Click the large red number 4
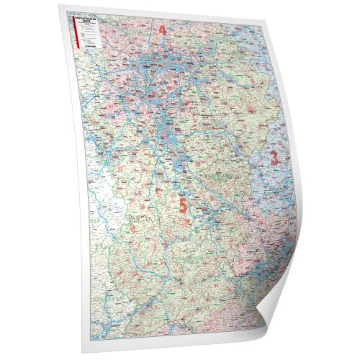(x=162, y=30)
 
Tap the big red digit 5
(x=183, y=205)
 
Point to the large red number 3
(x=274, y=156)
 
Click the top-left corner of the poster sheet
(x=69, y=10)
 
